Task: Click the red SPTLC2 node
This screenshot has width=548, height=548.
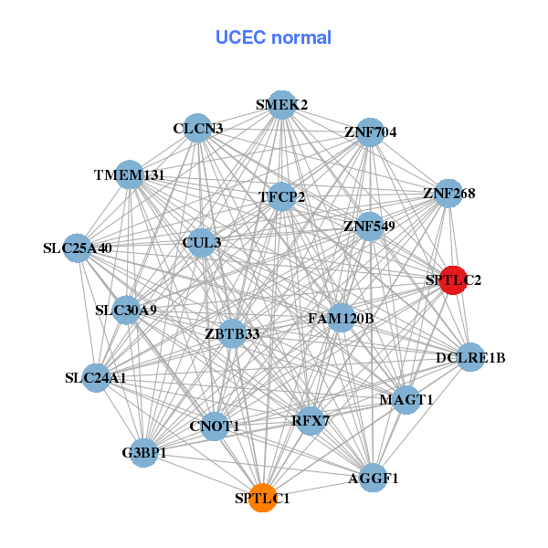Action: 453,280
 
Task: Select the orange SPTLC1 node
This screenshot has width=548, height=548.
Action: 263,498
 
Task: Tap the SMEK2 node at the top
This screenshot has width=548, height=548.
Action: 282,105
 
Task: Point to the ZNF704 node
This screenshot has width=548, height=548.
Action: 370,132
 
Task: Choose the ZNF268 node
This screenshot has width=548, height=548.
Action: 448,194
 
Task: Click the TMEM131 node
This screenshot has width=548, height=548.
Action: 131,174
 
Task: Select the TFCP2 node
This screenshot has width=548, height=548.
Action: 282,196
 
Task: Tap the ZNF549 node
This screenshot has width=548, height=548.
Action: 369,226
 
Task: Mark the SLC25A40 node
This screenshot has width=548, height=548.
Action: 79,248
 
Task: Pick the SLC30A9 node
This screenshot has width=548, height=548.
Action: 127,310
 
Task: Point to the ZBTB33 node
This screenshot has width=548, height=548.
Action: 233,333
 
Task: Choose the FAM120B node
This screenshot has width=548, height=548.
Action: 341,319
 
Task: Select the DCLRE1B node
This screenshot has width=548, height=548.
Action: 469,356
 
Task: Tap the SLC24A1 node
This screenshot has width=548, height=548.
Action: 97,376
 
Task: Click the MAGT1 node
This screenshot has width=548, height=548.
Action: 406,399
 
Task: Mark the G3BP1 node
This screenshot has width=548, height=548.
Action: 144,452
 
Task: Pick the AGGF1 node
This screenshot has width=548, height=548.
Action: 373,477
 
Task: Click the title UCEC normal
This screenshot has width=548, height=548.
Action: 273,37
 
